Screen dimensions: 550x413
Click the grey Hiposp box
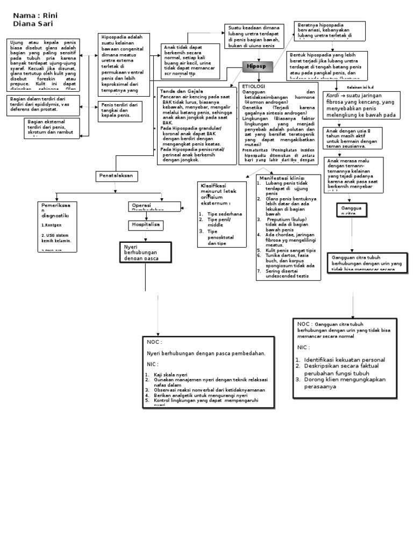[x=257, y=67]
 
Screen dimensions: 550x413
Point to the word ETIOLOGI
[x=254, y=85]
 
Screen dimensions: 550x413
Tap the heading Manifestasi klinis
[x=282, y=178]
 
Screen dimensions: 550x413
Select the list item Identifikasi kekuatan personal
[x=344, y=359]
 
